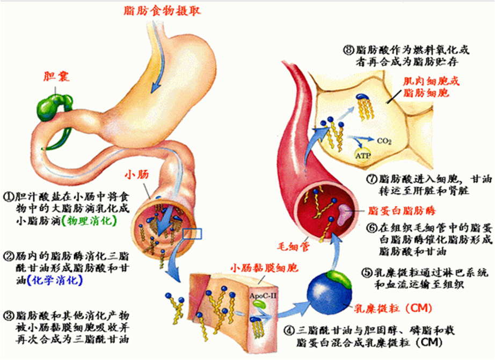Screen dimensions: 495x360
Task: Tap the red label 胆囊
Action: pos(55,75)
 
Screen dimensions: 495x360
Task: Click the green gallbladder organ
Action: pos(52,105)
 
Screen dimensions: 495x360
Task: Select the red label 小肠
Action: pos(135,174)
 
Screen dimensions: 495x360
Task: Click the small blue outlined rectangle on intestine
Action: pos(192,233)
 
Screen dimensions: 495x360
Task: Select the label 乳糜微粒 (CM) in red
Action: pos(387,308)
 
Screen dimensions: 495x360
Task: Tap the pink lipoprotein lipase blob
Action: pos(343,213)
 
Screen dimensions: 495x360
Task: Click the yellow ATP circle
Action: pos(362,155)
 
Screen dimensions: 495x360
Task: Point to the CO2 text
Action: pos(385,141)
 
